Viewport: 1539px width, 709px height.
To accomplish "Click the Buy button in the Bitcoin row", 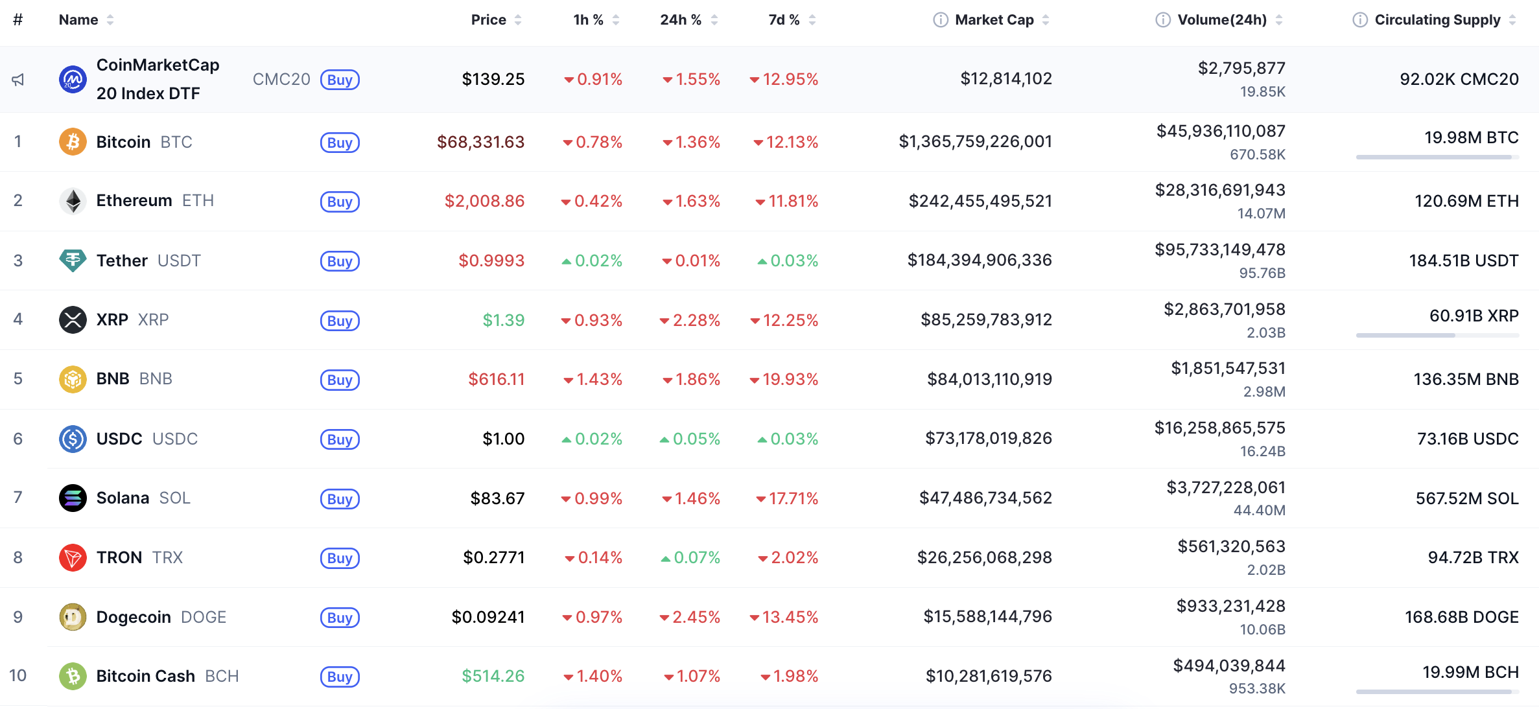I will tap(340, 143).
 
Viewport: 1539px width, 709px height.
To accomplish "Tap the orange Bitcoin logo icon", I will tap(73, 142).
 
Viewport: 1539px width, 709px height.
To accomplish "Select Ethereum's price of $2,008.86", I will tap(484, 201).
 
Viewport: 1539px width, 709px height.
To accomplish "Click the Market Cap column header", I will tap(994, 20).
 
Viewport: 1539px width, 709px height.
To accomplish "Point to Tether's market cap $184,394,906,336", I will tap(979, 261).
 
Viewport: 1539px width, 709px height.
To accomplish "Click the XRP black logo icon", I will tap(73, 320).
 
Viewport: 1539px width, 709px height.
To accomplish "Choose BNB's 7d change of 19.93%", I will tap(790, 379).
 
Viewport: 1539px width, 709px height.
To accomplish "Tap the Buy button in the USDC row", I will tap(340, 439).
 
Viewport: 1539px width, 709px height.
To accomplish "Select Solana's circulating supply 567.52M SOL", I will tap(1466, 498).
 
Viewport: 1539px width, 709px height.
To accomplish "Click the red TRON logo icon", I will tap(73, 557).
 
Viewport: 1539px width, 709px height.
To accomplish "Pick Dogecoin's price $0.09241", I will tap(488, 617).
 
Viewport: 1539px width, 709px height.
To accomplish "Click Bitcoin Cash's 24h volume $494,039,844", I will tap(1228, 666).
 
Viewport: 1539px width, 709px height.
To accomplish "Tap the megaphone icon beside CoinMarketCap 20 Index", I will tap(18, 80).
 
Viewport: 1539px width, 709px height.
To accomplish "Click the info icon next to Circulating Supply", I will tap(1359, 20).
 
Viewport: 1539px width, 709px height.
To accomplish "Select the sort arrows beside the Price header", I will tap(518, 20).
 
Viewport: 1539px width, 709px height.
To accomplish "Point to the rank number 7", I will tap(18, 498).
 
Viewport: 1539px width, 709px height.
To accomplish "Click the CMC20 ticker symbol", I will tap(281, 80).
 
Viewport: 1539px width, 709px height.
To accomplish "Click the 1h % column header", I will tap(588, 20).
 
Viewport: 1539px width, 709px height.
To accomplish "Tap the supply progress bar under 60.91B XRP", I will tap(1437, 335).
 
